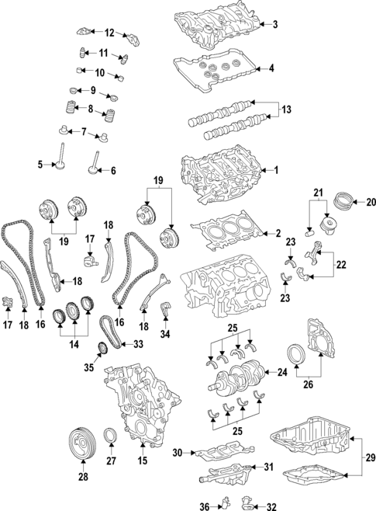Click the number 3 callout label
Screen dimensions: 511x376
[274, 25]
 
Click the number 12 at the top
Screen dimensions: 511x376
[109, 33]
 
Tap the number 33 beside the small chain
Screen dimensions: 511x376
[137, 344]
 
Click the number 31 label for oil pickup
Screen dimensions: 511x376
[268, 467]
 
